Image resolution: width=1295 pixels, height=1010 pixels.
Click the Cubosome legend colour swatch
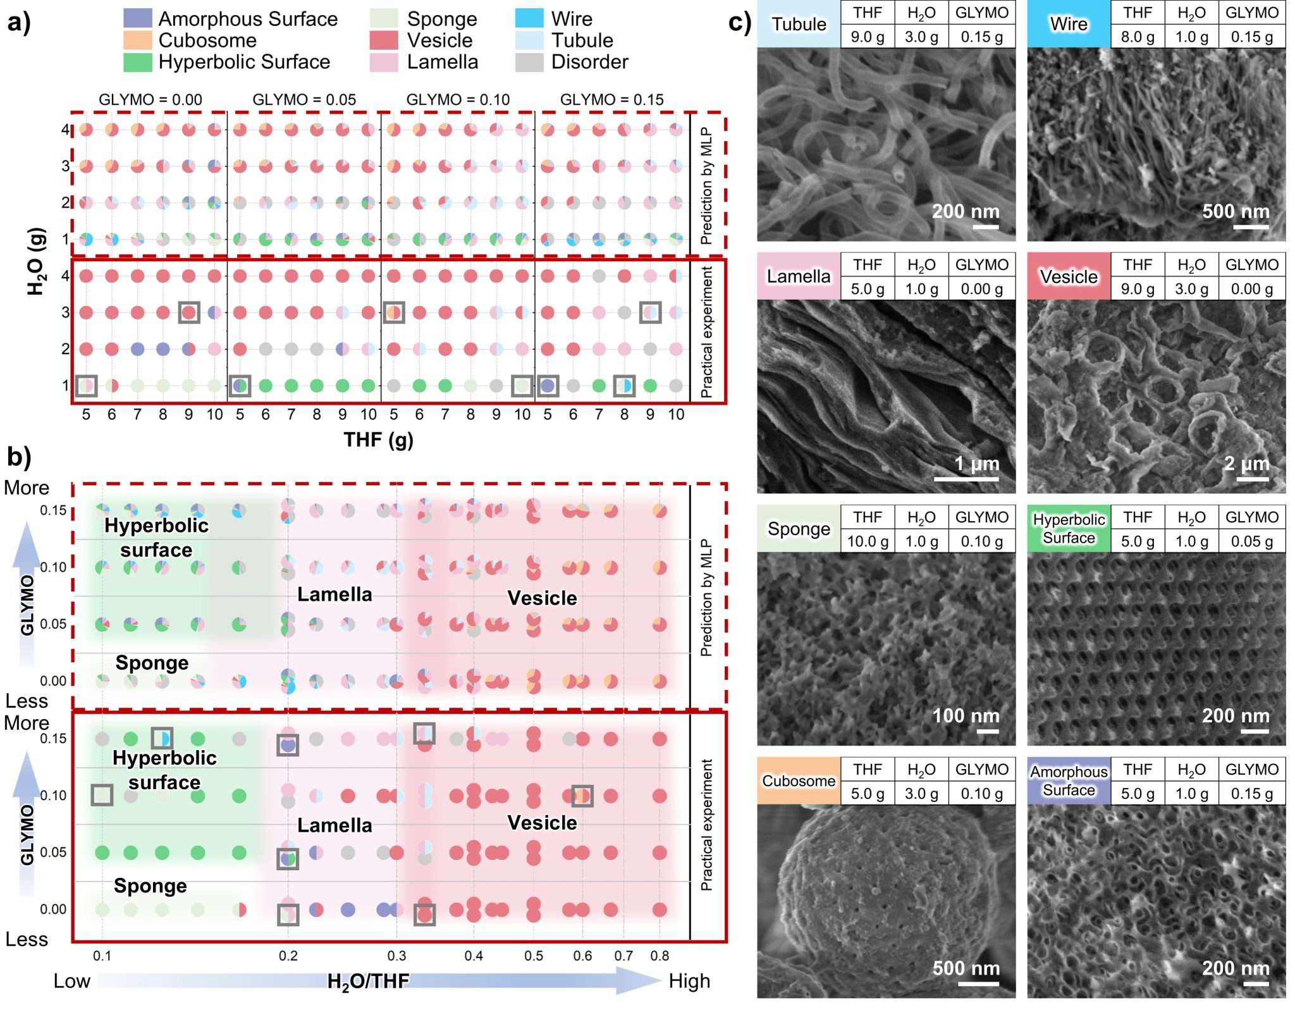click(137, 40)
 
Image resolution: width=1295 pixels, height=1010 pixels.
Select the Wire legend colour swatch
click(529, 19)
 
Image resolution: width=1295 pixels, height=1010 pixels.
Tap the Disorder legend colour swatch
click(529, 62)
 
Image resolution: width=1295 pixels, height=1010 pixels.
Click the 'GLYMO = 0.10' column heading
click(458, 100)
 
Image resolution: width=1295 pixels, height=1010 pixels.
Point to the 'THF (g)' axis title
click(378, 440)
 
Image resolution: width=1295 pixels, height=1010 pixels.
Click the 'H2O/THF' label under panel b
click(368, 981)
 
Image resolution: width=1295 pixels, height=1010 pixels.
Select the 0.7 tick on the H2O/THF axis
click(623, 956)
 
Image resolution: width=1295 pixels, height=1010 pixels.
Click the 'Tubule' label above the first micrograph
click(799, 25)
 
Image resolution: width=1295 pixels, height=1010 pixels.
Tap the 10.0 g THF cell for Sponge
click(868, 541)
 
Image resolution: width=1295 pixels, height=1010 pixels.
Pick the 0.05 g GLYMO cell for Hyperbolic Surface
click(1251, 541)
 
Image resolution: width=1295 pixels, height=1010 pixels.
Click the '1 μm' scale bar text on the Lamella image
click(976, 464)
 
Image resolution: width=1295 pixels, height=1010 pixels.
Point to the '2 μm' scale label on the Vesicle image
click(1246, 464)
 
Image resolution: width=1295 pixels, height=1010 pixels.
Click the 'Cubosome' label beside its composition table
click(799, 781)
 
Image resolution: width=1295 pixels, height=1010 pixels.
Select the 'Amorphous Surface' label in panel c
click(1069, 781)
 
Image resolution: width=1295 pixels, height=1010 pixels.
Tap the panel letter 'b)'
click(19, 457)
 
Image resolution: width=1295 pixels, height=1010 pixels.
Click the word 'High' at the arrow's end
click(689, 981)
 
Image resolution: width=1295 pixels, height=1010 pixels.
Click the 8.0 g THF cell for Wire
click(1138, 37)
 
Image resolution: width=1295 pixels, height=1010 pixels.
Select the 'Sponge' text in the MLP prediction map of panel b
click(152, 663)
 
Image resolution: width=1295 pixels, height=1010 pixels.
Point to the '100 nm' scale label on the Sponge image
click(966, 716)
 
